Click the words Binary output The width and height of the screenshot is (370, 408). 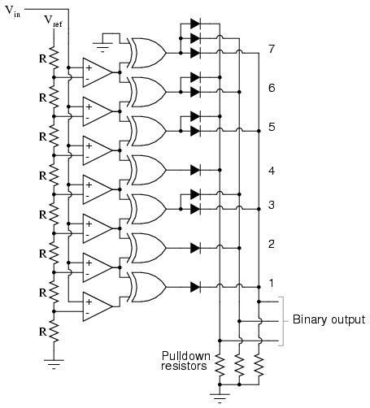329,319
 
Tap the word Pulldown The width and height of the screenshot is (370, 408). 183,355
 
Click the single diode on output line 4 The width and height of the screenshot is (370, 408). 195,169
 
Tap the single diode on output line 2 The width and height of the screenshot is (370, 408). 195,247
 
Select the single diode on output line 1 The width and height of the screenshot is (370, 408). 195,286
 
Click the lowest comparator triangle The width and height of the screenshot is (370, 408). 98,305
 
